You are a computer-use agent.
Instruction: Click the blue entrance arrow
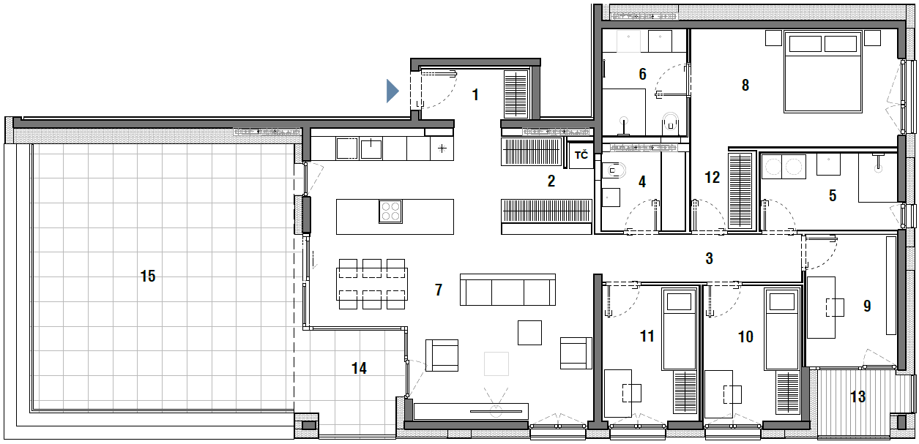tap(392, 91)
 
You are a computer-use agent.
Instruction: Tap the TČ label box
tap(581, 155)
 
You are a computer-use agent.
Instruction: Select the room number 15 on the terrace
tap(148, 276)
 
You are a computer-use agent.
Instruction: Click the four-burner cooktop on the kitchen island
tap(390, 211)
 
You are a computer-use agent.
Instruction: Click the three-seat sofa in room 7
tap(507, 290)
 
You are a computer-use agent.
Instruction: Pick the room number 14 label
tap(359, 368)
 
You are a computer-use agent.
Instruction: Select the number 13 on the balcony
tap(858, 396)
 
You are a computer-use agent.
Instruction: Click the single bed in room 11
tap(679, 328)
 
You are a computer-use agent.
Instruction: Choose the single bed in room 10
tap(782, 328)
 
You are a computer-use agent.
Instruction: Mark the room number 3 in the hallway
tap(709, 258)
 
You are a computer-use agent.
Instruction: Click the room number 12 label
tap(712, 178)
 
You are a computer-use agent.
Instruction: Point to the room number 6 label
tap(642, 74)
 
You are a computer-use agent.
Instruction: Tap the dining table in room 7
tap(372, 284)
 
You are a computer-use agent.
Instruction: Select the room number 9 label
tap(867, 306)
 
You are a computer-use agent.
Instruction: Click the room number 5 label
tap(833, 195)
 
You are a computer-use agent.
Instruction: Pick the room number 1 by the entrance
tap(475, 95)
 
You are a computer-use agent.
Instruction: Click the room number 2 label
tap(551, 181)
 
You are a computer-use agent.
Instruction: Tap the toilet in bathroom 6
tap(671, 121)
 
